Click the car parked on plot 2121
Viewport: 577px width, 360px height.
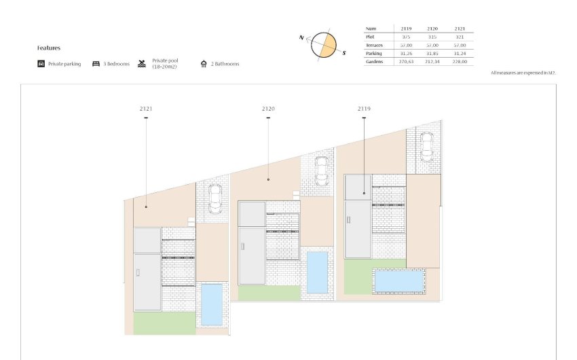pyautogui.click(x=215, y=198)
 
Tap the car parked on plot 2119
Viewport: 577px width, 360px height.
pyautogui.click(x=426, y=145)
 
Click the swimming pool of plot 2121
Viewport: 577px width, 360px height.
pyautogui.click(x=212, y=304)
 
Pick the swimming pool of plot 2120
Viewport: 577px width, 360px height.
pyautogui.click(x=317, y=272)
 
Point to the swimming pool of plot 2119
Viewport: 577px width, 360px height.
pyautogui.click(x=399, y=280)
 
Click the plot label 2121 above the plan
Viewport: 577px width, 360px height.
pyautogui.click(x=145, y=108)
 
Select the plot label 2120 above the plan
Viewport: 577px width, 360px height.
pyautogui.click(x=268, y=108)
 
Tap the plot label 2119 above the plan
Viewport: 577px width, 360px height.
pyautogui.click(x=364, y=108)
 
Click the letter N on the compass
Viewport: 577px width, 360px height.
pyautogui.click(x=301, y=37)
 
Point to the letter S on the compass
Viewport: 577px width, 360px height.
pyautogui.click(x=343, y=52)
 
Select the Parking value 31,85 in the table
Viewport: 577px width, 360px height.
pyautogui.click(x=432, y=53)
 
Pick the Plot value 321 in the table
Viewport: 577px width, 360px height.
pyautogui.click(x=459, y=37)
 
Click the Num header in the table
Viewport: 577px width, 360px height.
pyautogui.click(x=371, y=29)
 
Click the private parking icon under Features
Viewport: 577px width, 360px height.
pyautogui.click(x=41, y=64)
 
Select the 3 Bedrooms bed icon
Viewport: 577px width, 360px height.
pyautogui.click(x=96, y=64)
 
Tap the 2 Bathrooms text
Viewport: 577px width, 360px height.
pyautogui.click(x=225, y=65)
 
